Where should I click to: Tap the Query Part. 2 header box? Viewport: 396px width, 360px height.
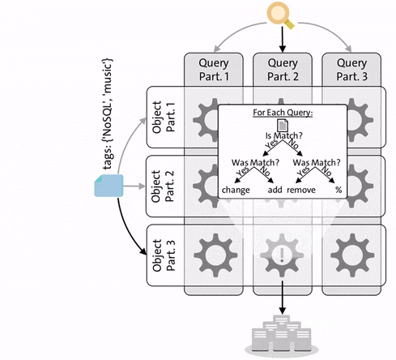[x=282, y=71]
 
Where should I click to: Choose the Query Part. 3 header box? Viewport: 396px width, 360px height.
[x=351, y=71]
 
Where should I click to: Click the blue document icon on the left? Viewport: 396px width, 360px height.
[x=106, y=187]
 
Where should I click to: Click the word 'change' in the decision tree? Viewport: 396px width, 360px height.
[x=236, y=190]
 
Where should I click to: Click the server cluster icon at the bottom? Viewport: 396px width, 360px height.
[x=283, y=338]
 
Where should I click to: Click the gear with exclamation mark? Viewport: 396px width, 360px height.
[x=283, y=255]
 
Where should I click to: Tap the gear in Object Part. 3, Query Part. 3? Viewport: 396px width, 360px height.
[x=351, y=255]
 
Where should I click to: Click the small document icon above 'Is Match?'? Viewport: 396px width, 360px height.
[x=283, y=125]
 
